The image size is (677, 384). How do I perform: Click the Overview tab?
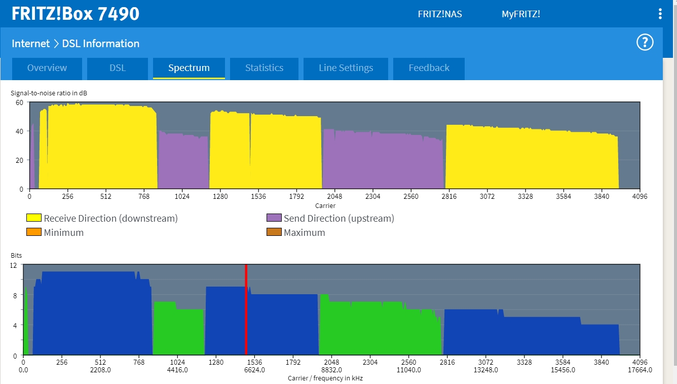click(x=47, y=68)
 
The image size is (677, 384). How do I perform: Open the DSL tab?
click(x=118, y=68)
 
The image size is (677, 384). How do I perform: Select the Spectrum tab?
click(x=189, y=68)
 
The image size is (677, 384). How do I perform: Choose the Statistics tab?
click(x=264, y=68)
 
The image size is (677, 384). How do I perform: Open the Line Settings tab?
click(x=346, y=68)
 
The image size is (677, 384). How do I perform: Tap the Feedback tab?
click(x=429, y=68)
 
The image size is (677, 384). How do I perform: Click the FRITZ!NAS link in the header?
click(x=440, y=14)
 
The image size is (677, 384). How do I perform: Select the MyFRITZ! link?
click(x=521, y=14)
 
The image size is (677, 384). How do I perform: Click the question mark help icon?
click(x=645, y=43)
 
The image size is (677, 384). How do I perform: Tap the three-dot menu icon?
click(x=660, y=14)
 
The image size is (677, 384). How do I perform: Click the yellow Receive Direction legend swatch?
click(x=34, y=218)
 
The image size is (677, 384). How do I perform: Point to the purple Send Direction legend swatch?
click(x=274, y=218)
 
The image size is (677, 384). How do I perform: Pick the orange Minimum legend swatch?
click(x=34, y=232)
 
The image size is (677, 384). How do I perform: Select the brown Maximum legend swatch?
click(x=274, y=232)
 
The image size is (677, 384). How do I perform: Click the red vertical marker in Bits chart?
click(x=246, y=309)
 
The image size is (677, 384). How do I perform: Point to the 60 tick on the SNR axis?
click(x=20, y=102)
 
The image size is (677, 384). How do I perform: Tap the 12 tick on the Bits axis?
click(x=13, y=265)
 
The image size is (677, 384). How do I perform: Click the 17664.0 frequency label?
click(x=640, y=370)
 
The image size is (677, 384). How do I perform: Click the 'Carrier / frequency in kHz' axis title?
click(x=325, y=378)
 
